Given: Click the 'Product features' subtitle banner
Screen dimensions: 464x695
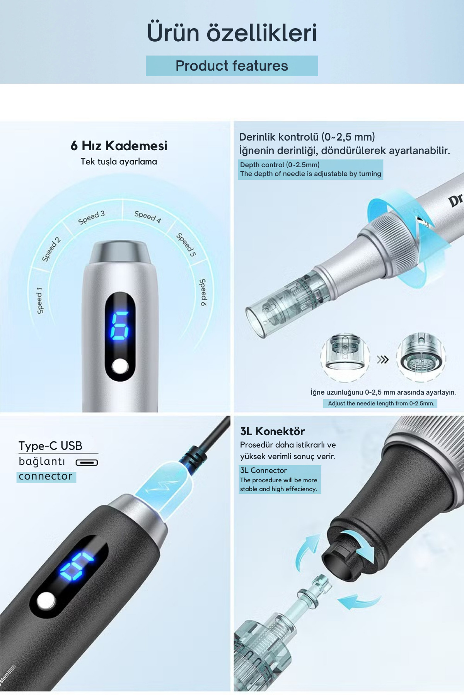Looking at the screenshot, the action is pyautogui.click(x=232, y=66).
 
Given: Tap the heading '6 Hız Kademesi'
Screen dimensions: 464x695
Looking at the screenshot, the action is pyautogui.click(x=119, y=146).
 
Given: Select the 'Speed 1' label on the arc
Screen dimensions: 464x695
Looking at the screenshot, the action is pyautogui.click(x=39, y=300).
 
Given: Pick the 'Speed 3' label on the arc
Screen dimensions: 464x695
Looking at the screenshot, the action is pyautogui.click(x=92, y=217).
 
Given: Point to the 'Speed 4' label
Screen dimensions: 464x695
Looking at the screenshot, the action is pyautogui.click(x=148, y=217).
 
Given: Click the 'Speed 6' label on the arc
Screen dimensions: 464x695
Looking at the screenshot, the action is pyautogui.click(x=203, y=292).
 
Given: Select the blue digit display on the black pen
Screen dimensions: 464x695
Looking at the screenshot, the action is pyautogui.click(x=76, y=565).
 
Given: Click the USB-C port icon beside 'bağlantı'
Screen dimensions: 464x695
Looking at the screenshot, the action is pyautogui.click(x=87, y=462).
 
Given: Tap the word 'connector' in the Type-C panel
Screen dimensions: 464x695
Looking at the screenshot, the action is pyautogui.click(x=46, y=476).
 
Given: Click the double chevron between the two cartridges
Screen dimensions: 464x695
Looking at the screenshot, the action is pyautogui.click(x=383, y=359).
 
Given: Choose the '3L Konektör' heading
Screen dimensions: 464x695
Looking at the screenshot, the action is pyautogui.click(x=273, y=431).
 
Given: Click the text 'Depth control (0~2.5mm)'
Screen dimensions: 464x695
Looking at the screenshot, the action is pyautogui.click(x=280, y=165).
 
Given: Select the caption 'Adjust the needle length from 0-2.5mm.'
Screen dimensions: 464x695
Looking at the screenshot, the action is pyautogui.click(x=381, y=403).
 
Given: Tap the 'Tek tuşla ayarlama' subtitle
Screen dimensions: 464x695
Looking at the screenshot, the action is pyautogui.click(x=119, y=161).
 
